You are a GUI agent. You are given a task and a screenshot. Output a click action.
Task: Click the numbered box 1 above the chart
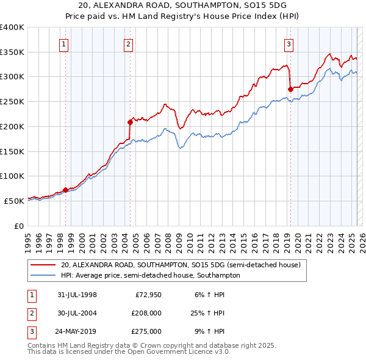click(x=64, y=43)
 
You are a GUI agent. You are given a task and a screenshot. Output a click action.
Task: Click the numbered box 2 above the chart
click(x=129, y=43)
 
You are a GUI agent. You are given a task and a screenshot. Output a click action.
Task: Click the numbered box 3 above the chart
click(x=289, y=43)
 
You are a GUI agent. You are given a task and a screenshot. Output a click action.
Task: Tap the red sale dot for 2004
click(x=130, y=122)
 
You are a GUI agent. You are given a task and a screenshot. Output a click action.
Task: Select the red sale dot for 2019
click(x=290, y=89)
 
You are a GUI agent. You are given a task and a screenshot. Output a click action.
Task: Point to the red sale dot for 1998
click(x=65, y=190)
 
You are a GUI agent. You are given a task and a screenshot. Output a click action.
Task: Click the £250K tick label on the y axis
click(x=12, y=101)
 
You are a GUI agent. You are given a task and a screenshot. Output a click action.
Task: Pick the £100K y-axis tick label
click(x=12, y=176)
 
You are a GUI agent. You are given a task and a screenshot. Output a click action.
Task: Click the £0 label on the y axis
click(x=18, y=226)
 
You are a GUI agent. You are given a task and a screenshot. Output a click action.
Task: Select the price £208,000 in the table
click(x=146, y=313)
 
